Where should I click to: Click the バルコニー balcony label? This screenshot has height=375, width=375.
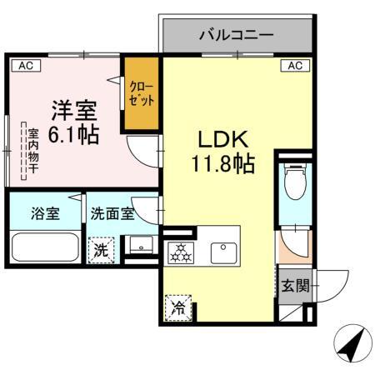click(x=237, y=36)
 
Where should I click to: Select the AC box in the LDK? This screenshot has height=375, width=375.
click(x=294, y=65)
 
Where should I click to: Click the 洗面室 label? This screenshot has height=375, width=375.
click(x=112, y=212)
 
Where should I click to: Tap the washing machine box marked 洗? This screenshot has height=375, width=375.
click(x=100, y=249)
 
